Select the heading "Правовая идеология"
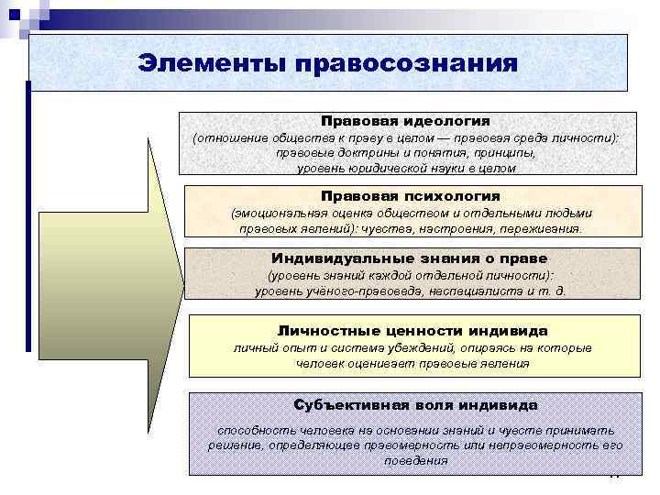click(405, 121)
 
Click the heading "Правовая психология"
click(410, 196)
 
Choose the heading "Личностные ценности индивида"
click(412, 330)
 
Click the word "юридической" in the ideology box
click(385, 169)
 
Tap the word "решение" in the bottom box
click(233, 445)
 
